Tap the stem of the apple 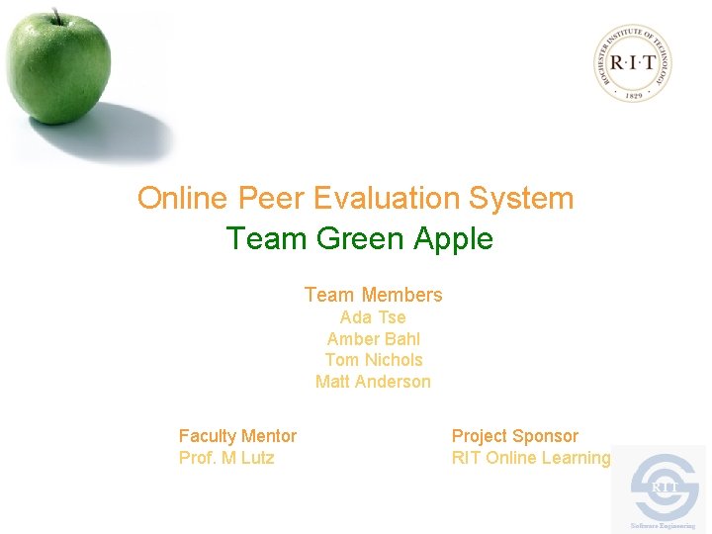pyautogui.click(x=57, y=16)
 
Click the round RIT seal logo pyautogui.click(x=635, y=62)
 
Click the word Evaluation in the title pyautogui.click(x=387, y=198)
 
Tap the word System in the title pyautogui.click(x=521, y=198)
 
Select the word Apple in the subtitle pyautogui.click(x=454, y=239)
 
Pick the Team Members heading pyautogui.click(x=373, y=295)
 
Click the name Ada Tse pyautogui.click(x=373, y=317)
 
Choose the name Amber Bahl pyautogui.click(x=373, y=339)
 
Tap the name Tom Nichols pyautogui.click(x=373, y=360)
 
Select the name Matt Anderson pyautogui.click(x=373, y=382)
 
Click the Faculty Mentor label pyautogui.click(x=237, y=436)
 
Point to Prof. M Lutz pyautogui.click(x=226, y=458)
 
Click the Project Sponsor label pyautogui.click(x=514, y=436)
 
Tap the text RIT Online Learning pyautogui.click(x=531, y=458)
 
